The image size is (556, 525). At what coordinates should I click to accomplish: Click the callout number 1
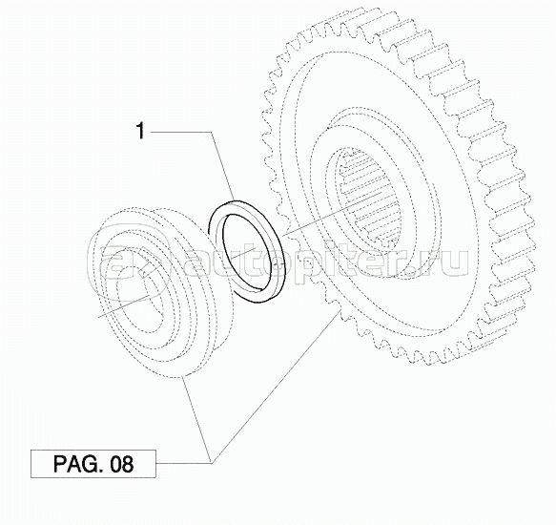141,131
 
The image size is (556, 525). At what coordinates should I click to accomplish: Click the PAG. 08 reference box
93,464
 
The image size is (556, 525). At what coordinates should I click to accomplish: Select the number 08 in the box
122,464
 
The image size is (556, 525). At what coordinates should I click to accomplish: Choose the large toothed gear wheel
397,184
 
